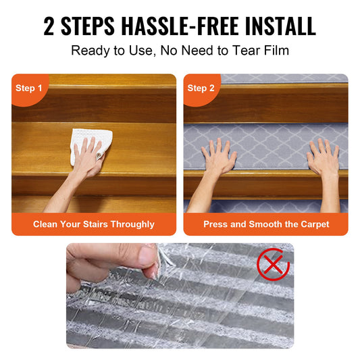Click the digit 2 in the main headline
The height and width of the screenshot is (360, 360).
tap(49, 26)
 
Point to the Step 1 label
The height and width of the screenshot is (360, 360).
tap(28, 88)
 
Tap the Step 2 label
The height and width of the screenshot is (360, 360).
tap(201, 88)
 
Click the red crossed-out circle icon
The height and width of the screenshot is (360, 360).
tap(273, 264)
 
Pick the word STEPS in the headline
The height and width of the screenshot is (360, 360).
tap(88, 26)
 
